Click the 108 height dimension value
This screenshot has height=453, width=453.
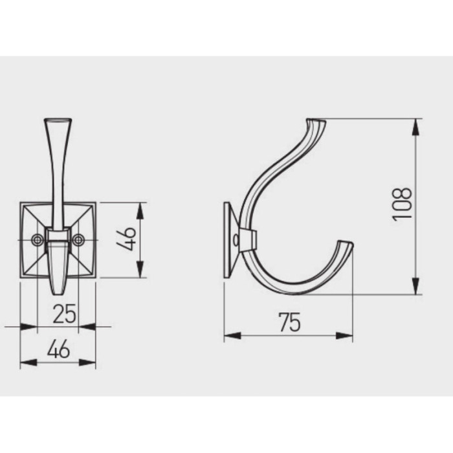[402, 204]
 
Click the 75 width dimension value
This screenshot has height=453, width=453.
[290, 322]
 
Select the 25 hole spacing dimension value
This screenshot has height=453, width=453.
[65, 313]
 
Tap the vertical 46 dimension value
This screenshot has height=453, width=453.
[126, 239]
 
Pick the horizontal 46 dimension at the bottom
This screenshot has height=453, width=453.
[58, 349]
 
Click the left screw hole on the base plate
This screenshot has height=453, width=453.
[37, 240]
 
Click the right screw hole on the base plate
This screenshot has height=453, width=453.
[78, 240]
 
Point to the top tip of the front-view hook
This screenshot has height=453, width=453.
[58, 120]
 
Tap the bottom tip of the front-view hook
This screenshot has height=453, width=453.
[58, 293]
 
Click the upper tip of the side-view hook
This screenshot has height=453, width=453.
[316, 121]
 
